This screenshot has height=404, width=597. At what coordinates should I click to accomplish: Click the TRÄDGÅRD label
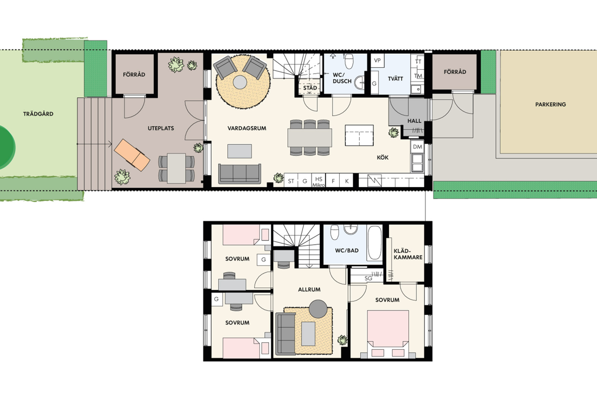[38, 114]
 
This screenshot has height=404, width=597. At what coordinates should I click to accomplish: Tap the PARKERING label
[550, 104]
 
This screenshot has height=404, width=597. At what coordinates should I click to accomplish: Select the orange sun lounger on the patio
[132, 155]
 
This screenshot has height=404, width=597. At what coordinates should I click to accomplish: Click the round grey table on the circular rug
[240, 83]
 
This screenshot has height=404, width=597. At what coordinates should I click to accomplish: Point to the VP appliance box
[377, 61]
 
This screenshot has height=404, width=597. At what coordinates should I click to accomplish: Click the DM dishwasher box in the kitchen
[417, 147]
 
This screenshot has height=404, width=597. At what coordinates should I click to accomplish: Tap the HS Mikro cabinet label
[319, 182]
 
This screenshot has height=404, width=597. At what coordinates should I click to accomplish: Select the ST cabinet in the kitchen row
[291, 181]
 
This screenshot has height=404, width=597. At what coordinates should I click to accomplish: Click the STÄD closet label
[310, 88]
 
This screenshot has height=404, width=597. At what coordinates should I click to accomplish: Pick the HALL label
[414, 121]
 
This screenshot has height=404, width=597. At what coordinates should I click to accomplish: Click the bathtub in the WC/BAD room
[375, 243]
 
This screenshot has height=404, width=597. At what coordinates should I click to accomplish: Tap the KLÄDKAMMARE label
[408, 254]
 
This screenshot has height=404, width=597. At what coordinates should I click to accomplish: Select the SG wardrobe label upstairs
[368, 278]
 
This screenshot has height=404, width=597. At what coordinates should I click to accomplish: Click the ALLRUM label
[309, 290]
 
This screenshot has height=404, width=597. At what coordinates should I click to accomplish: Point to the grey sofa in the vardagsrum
[240, 174]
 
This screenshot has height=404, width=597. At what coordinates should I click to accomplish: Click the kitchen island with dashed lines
[359, 135]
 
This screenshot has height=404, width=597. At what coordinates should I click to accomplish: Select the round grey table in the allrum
[318, 309]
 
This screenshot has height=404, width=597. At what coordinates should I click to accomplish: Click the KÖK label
[383, 158]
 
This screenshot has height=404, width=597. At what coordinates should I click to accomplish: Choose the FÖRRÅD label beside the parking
[455, 72]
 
